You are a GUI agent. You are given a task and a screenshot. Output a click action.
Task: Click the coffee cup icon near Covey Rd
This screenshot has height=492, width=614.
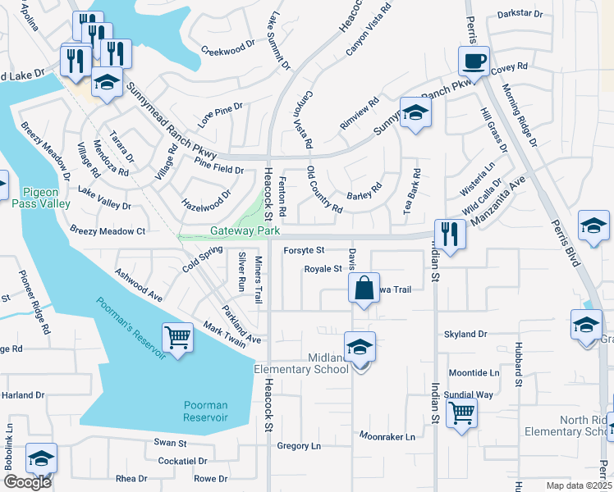coord(474,60)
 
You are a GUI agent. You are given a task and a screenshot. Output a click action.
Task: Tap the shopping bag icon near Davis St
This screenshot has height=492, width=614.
coord(363,288)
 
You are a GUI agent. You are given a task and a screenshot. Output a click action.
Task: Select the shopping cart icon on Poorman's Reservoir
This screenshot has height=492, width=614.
coord(177,337)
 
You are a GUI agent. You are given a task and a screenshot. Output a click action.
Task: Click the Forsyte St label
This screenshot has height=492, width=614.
coord(304,250)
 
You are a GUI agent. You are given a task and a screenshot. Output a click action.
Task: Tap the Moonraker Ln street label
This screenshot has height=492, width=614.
coord(387,437)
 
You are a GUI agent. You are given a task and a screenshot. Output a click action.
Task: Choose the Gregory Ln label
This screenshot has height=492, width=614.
coord(298,446)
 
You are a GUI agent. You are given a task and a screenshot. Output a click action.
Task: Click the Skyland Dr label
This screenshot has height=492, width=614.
coord(465,335)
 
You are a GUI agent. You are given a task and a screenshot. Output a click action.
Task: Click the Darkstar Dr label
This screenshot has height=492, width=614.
coord(520,14)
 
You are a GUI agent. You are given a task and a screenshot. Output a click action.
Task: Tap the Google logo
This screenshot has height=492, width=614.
coord(26,482)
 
